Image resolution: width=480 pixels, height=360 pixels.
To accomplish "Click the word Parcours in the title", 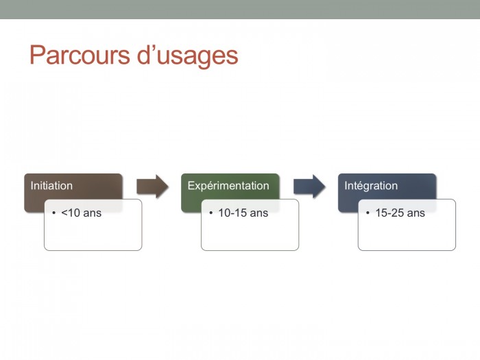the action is click(x=80, y=55).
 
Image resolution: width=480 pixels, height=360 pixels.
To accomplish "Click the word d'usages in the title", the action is click(x=187, y=57).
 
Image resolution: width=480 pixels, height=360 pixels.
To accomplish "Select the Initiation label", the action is click(x=51, y=186).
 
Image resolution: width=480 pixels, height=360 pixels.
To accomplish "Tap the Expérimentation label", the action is click(x=228, y=186).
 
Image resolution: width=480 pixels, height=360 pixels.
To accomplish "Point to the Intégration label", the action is click(x=371, y=186).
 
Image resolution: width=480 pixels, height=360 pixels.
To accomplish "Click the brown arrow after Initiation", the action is click(x=152, y=187).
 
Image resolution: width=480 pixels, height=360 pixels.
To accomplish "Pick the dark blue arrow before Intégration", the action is click(x=309, y=187).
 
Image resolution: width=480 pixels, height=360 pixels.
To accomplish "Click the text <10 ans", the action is click(x=82, y=213).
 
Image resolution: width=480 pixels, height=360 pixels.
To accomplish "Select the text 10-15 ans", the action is click(x=243, y=213).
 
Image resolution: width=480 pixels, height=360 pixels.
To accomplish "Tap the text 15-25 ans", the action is click(x=400, y=213).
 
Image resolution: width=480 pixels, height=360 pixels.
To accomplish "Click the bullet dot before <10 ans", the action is click(x=54, y=213).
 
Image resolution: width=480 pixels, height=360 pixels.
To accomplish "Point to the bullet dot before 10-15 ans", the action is click(x=211, y=213).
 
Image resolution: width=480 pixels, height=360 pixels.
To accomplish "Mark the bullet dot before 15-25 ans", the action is click(x=368, y=213).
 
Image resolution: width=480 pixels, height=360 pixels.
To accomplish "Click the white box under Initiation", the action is click(x=93, y=232).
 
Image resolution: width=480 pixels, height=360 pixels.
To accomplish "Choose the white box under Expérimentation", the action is click(x=250, y=232).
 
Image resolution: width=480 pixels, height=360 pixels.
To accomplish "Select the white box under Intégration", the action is click(x=407, y=232).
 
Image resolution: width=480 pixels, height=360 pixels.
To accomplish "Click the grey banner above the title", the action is click(x=240, y=10).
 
